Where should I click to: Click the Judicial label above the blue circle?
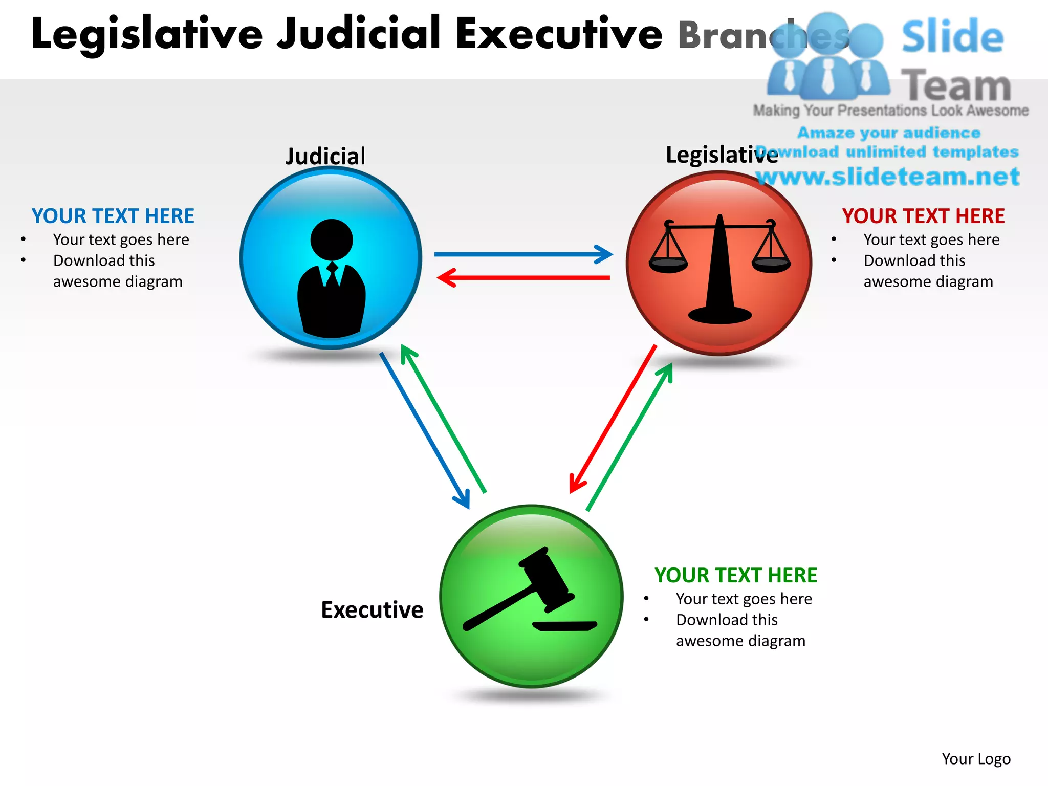[x=325, y=156]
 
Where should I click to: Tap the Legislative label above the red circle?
[x=722, y=155]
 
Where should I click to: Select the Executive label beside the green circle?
[x=372, y=609]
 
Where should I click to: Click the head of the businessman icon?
[x=332, y=239]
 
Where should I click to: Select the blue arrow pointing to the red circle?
[x=522, y=254]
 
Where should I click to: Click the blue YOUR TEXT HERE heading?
[x=113, y=216]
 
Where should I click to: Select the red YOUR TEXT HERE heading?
[x=923, y=216]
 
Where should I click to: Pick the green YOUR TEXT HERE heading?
[x=735, y=575]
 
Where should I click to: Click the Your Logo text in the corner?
[x=976, y=758]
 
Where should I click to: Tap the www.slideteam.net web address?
[x=888, y=177]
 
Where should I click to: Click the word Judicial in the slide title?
[x=359, y=34]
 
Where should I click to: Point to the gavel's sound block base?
[x=565, y=626]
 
